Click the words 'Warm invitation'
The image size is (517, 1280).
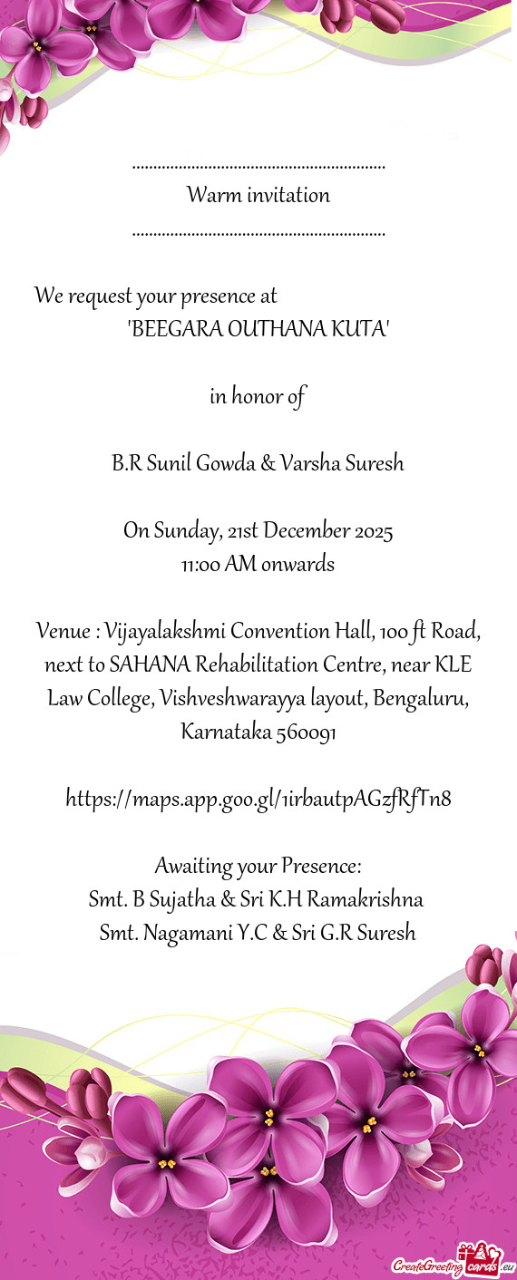(x=258, y=195)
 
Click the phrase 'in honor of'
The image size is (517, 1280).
(x=258, y=397)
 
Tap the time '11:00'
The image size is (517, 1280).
(x=200, y=565)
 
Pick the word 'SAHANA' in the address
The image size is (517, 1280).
(x=146, y=664)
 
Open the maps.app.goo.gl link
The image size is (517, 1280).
(x=258, y=799)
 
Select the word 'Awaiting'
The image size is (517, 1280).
(x=192, y=867)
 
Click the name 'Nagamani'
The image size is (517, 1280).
(x=178, y=933)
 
